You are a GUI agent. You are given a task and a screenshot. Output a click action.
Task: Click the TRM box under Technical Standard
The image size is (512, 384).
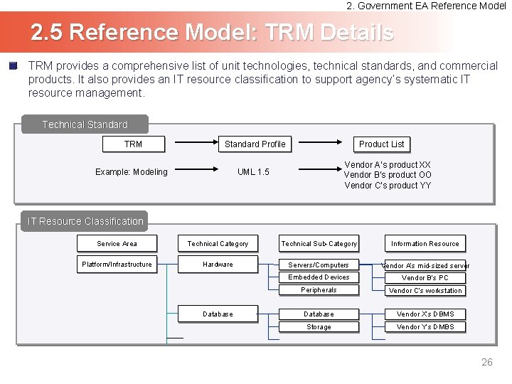[x=134, y=144]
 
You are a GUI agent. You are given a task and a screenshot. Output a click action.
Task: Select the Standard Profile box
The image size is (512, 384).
[x=255, y=144]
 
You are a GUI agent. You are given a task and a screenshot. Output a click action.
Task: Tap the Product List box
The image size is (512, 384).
[x=381, y=144]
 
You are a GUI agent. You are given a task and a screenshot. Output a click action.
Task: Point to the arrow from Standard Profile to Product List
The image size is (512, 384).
[x=318, y=144]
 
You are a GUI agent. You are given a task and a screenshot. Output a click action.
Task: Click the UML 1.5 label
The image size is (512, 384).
[x=253, y=172]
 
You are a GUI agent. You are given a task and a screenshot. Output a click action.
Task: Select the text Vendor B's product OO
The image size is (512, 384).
[x=388, y=175]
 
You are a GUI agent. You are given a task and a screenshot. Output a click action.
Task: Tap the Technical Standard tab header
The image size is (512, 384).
[x=85, y=124]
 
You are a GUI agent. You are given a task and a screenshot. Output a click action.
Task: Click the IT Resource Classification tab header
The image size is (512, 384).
[x=85, y=221]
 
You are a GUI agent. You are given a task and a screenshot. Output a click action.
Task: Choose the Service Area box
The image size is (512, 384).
[x=117, y=244]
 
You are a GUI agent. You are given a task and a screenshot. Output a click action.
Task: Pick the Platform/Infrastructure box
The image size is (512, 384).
[x=117, y=265]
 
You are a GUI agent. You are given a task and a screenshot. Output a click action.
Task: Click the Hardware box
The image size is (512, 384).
[x=218, y=265]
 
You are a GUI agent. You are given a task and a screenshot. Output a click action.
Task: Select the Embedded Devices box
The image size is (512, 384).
[x=319, y=277]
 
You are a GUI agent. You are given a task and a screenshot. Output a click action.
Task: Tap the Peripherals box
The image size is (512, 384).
[x=319, y=290]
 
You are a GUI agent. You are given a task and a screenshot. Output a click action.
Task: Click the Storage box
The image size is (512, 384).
[x=319, y=327]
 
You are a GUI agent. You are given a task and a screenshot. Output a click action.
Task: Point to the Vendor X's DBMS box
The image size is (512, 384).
[x=425, y=314]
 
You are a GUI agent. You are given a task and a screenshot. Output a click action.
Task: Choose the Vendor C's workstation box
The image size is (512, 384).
[x=425, y=291]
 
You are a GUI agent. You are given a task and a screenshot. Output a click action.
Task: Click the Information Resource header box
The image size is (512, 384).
[x=425, y=244]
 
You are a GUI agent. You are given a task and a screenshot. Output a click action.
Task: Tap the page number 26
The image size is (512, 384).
[x=486, y=363]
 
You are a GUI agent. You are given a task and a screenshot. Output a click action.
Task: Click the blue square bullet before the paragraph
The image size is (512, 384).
[x=13, y=65]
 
